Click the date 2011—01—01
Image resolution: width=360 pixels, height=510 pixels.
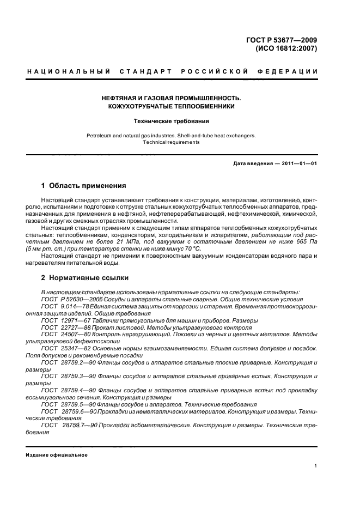pos(300,164)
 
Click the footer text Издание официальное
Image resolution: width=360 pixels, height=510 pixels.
pos(57,455)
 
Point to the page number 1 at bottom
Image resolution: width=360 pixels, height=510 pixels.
pos(316,466)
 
